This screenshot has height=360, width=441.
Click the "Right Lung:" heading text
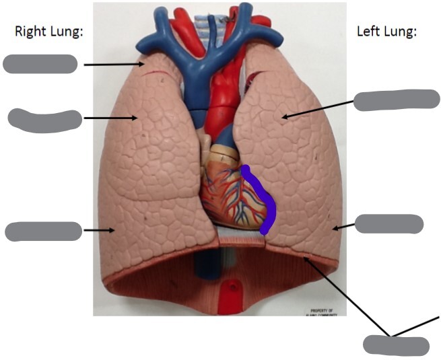coord(48,32)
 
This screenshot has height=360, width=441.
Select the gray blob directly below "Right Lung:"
coord(40,64)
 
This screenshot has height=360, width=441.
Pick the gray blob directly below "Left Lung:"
coord(396,100)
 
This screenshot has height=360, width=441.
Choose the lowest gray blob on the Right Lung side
coord(43,231)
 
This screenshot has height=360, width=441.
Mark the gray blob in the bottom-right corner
coord(396,345)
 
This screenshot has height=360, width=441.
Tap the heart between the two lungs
coord(232,192)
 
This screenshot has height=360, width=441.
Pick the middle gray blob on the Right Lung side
coord(44,120)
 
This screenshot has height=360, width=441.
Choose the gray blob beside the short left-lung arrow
coord(388,224)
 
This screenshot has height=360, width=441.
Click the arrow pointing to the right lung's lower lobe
coord(98,231)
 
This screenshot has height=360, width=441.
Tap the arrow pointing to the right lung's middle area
coord(111,118)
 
